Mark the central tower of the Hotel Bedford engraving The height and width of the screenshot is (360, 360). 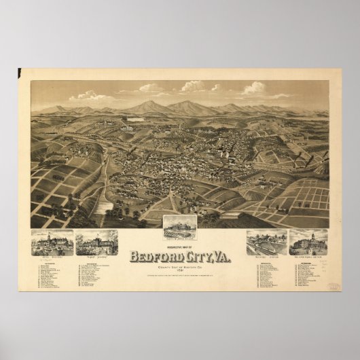(52, 234)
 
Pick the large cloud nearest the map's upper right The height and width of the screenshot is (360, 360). (254, 88)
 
